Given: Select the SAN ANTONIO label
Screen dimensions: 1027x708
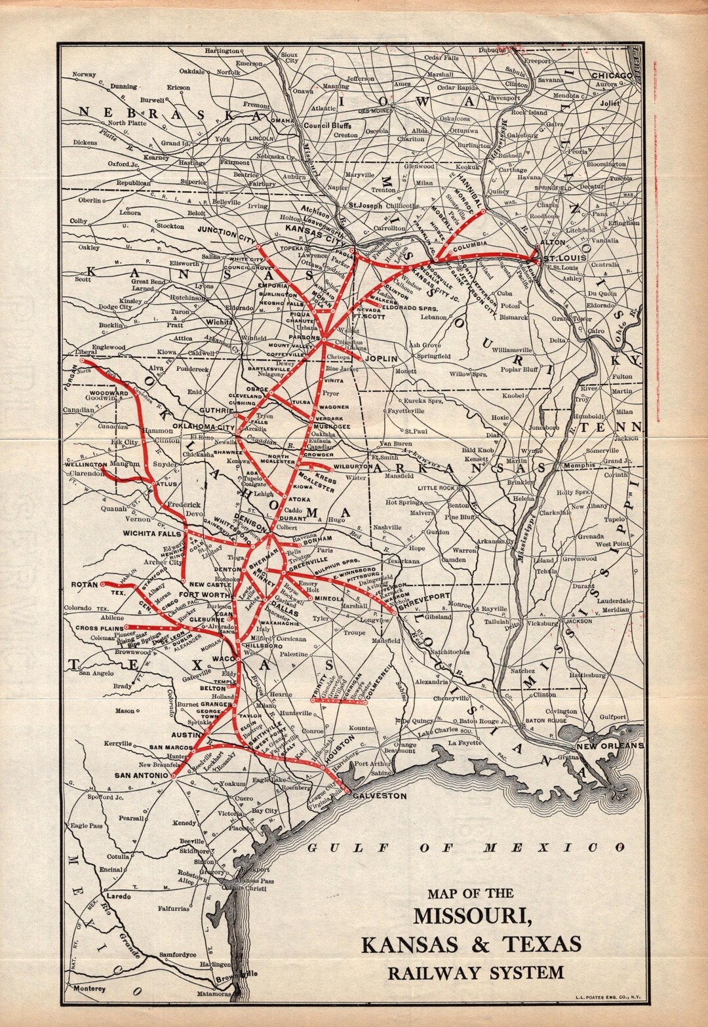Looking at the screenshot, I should pos(141,775).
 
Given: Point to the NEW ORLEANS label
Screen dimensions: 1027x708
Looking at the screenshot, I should pos(610,746).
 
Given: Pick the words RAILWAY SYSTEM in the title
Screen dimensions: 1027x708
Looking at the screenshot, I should pos(475,972).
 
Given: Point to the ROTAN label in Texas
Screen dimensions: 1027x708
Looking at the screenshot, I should pos(85,584).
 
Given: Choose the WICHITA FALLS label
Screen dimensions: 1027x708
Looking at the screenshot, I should pos(151,533).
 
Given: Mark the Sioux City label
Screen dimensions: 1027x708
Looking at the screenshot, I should pos(289,56).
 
